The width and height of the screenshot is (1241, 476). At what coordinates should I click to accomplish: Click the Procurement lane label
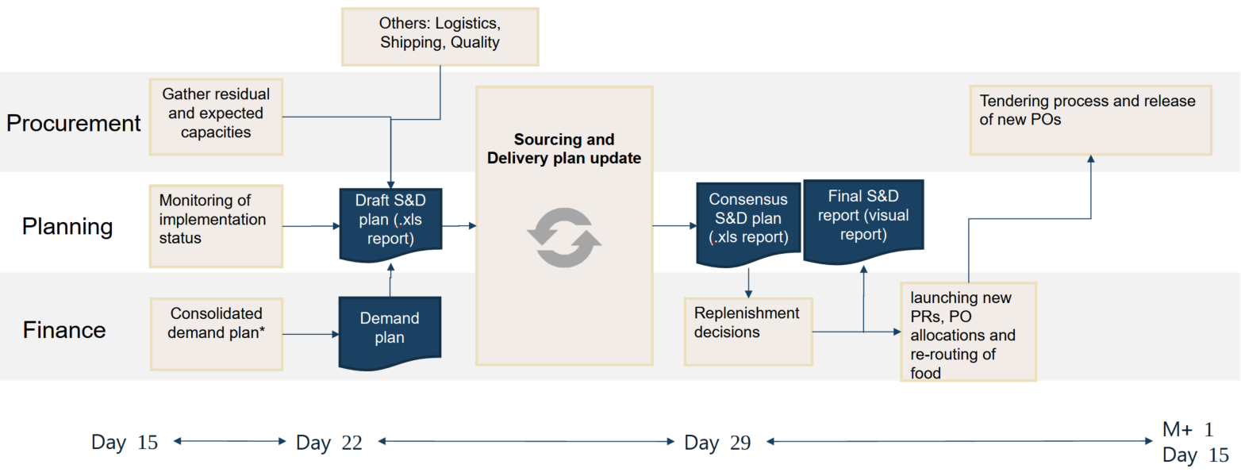coord(74,123)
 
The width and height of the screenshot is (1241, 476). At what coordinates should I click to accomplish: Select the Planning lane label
coord(67,227)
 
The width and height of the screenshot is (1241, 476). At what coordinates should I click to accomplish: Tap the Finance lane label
coord(64,329)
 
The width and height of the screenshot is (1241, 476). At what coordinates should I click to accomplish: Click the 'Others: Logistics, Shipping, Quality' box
coord(440,36)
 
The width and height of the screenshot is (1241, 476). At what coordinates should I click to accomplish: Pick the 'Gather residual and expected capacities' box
coord(214,117)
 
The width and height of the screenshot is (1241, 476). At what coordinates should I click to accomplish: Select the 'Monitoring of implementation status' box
coord(216,226)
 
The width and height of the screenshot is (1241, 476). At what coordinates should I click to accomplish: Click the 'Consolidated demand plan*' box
coord(216,334)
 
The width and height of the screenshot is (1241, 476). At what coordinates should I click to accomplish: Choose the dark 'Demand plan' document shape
coord(390,330)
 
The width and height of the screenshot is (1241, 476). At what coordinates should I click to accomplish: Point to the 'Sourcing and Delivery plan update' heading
coord(563,149)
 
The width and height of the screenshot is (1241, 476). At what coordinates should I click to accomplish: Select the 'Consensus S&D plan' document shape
coord(747,222)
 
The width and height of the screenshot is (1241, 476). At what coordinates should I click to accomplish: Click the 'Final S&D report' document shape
coord(863,217)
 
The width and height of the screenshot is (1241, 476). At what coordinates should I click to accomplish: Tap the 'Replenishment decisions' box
coord(748,331)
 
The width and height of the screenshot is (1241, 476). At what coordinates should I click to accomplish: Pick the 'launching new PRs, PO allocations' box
coord(968,332)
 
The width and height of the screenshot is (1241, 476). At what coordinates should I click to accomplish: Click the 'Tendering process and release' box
coord(1090,120)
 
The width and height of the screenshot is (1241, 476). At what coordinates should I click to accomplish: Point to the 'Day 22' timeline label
coord(328,443)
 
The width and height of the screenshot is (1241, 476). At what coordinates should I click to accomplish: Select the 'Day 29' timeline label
coord(717,443)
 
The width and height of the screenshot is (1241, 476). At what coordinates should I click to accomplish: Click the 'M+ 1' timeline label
coord(1188,430)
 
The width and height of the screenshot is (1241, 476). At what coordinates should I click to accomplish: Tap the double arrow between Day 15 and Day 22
coord(229,441)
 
